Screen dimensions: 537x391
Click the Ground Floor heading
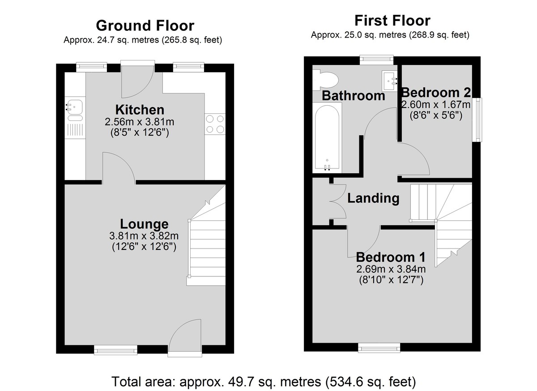145,26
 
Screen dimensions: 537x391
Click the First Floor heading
392,21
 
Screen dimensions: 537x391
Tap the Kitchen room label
140,110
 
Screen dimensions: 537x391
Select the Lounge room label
144,224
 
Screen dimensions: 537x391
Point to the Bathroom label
354,96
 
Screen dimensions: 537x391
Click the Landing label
373,198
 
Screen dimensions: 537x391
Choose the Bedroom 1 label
391,257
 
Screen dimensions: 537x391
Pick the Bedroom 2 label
436,93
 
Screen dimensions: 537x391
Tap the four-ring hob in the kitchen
215,124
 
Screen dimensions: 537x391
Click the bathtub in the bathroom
327,137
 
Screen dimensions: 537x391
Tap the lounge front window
115,350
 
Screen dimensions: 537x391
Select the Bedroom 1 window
379,348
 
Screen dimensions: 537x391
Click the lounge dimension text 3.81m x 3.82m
144,236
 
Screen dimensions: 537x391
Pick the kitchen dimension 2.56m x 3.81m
139,122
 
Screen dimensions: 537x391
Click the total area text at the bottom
264,382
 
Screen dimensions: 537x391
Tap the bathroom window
377,60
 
